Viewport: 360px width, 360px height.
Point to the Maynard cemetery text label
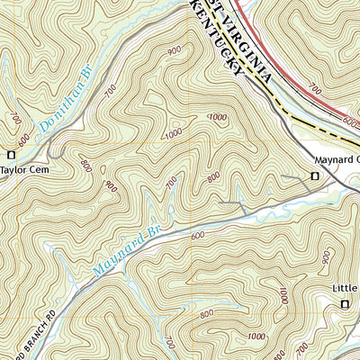coord(335,161)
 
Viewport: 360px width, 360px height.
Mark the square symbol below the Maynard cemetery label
coord(314,176)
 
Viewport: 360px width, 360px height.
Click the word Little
coord(343,289)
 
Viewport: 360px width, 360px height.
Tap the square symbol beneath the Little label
coord(345,306)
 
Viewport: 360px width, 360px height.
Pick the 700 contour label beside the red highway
coord(313,91)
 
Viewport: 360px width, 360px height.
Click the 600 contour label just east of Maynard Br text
coord(197,236)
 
